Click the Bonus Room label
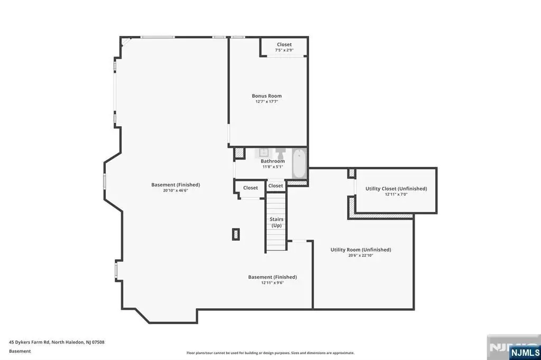267,96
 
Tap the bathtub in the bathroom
299,164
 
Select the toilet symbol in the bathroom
281,153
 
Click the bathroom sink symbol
264,153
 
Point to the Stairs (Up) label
276,222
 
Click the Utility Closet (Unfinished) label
396,188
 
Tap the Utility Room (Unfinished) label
360,250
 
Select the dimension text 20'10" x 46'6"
175,191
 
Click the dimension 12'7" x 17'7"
267,102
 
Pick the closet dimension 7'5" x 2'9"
284,50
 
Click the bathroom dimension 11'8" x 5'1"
273,167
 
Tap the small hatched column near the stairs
236,234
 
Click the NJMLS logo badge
525,353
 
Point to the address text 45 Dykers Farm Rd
30,343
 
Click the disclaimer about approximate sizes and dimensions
270,353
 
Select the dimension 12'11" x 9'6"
272,283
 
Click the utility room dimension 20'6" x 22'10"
360,255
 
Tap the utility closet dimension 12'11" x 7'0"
396,194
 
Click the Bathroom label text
273,161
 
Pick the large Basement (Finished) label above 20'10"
175,185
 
